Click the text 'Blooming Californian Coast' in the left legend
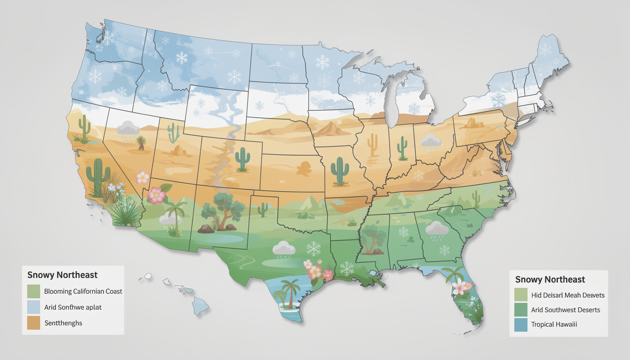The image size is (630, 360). click(x=83, y=291)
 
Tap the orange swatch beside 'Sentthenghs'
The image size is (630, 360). click(x=33, y=323)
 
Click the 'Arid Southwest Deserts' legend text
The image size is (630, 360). click(x=565, y=309)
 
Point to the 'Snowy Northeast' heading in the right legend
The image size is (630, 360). click(x=550, y=279)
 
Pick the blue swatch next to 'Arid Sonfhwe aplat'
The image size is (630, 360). click(x=33, y=307)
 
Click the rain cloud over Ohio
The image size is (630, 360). click(x=430, y=141)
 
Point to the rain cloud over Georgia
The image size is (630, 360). click(x=437, y=228)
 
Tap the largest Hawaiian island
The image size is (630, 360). click(x=201, y=307)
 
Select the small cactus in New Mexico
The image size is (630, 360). click(x=263, y=209)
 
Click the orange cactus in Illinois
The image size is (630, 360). click(x=373, y=145)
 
